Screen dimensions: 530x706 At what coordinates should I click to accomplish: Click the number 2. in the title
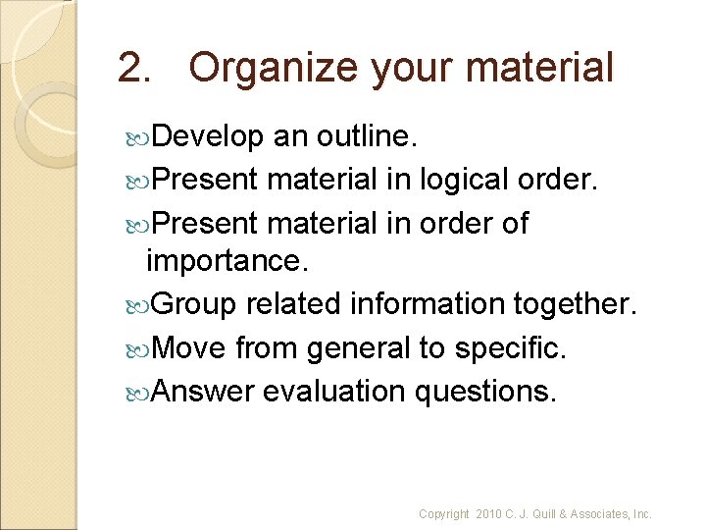[135, 68]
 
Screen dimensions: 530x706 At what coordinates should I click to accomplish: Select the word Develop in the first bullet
[209, 138]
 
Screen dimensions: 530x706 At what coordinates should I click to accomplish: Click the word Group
[195, 305]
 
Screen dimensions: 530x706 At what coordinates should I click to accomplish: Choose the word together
[578, 305]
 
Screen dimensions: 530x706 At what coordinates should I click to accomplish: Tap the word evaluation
[333, 391]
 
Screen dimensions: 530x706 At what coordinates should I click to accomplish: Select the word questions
[485, 391]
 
